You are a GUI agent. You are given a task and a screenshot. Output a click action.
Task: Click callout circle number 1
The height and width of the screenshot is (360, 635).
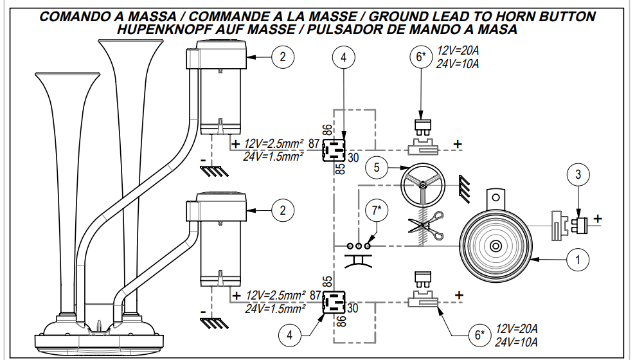tap(578, 260)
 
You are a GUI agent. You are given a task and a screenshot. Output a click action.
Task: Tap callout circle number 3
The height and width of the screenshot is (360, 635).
tap(578, 174)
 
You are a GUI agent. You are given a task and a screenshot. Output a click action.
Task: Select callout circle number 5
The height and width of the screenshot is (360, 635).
tap(377, 168)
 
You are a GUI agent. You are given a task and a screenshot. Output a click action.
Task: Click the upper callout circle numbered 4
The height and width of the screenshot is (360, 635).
tap(344, 58)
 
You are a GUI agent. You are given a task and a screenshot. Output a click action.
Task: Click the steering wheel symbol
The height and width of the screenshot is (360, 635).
tap(422, 184)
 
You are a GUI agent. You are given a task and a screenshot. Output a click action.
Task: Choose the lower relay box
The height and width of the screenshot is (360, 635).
tap(335, 301)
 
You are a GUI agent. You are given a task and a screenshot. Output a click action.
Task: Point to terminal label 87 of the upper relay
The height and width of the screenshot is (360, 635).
tap(314, 143)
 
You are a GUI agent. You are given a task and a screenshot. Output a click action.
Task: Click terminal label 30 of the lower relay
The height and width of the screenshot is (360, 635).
tap(352, 309)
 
